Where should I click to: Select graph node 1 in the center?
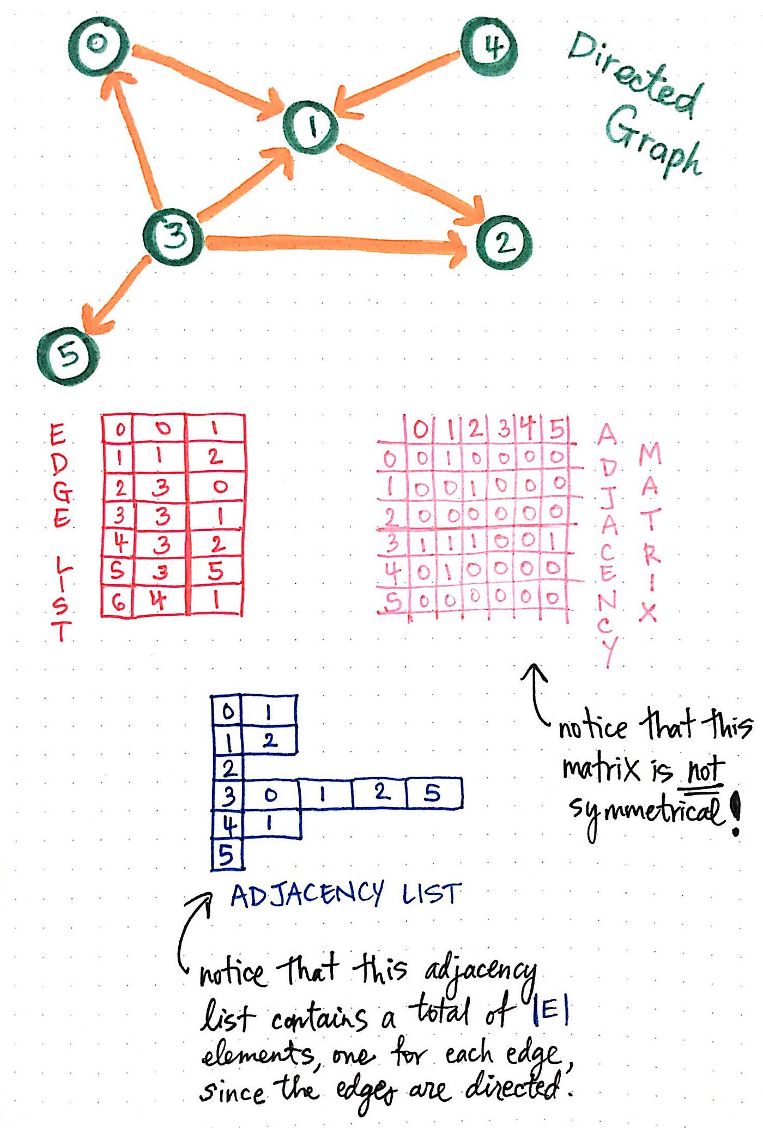311,128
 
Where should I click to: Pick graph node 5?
69,355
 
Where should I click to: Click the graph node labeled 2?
504,242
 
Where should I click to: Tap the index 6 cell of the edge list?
118,602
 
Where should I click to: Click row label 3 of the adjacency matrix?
391,543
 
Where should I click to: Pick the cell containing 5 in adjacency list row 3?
433,793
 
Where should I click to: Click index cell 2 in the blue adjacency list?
228,768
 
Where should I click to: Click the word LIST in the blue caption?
432,894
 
